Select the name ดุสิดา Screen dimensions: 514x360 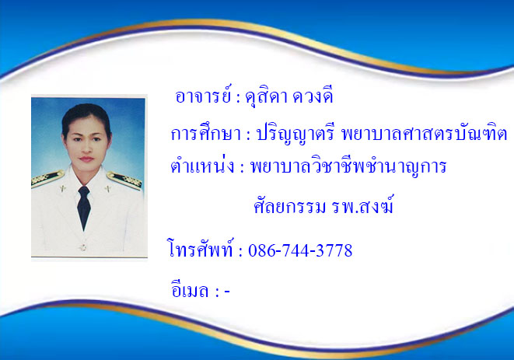(x=266, y=97)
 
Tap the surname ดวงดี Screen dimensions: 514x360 (x=313, y=96)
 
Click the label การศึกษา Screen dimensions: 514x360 (x=206, y=132)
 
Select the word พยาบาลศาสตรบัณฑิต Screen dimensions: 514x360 (x=424, y=134)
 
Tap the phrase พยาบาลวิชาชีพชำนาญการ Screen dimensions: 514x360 (x=348, y=166)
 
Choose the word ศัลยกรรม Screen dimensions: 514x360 (x=290, y=206)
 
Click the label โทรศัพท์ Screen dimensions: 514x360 (x=201, y=248)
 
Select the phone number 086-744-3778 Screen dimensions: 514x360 (x=300, y=250)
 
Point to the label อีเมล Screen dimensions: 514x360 (x=190, y=289)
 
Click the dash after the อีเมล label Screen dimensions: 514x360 (x=227, y=291)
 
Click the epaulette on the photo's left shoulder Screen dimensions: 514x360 (x=47, y=178)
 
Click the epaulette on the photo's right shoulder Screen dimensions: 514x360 (x=124, y=180)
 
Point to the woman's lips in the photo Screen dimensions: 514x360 (x=86, y=159)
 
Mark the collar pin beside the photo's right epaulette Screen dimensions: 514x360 (x=107, y=189)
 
